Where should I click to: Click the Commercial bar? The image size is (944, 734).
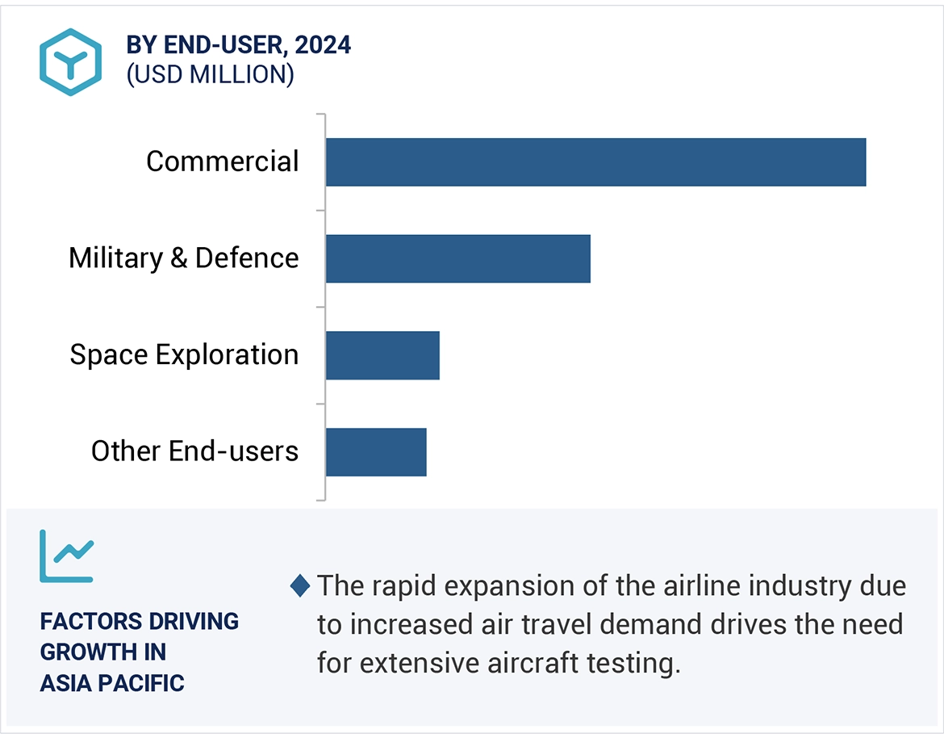coord(595,162)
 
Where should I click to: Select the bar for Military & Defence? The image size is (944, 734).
coord(457,258)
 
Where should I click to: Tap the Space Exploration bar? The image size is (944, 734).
coord(382,355)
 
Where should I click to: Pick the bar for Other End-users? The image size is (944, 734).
coord(376,451)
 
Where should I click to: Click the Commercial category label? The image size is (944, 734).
coord(222,161)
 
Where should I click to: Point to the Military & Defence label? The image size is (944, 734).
coord(183,258)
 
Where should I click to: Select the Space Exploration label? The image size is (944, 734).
coord(184,355)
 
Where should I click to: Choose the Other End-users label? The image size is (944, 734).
coord(194,451)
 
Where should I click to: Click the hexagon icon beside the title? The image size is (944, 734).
coord(71,62)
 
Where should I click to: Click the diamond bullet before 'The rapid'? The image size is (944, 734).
coord(300,585)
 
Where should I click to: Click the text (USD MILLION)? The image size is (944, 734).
coord(210,74)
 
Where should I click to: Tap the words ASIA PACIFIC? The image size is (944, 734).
coord(112,683)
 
